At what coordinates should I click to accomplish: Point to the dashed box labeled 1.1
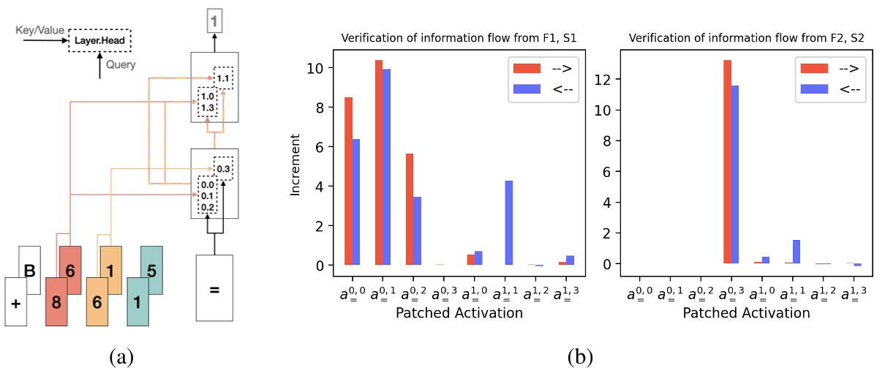[x=223, y=77]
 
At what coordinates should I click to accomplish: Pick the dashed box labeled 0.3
[x=223, y=168]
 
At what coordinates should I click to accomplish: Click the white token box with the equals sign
[x=214, y=288]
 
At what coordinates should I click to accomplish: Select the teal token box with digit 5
[x=150, y=270]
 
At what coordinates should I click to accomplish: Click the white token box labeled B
[x=29, y=269]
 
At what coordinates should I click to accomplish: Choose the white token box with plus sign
[x=15, y=302]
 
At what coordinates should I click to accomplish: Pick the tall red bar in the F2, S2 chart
[x=727, y=162]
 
